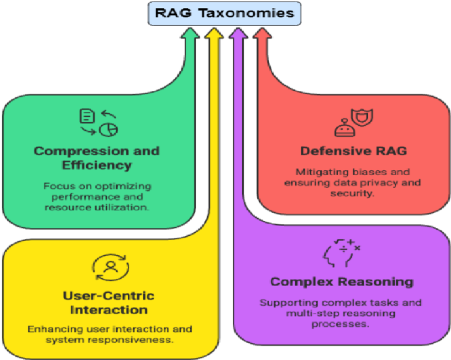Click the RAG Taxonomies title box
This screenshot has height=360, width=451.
pos(225,13)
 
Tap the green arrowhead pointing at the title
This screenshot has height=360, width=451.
pos(193,37)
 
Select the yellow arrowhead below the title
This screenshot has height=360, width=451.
pos(214,37)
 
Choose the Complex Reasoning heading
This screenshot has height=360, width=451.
pos(342,282)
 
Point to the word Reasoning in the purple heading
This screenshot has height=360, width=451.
pos(379,282)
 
